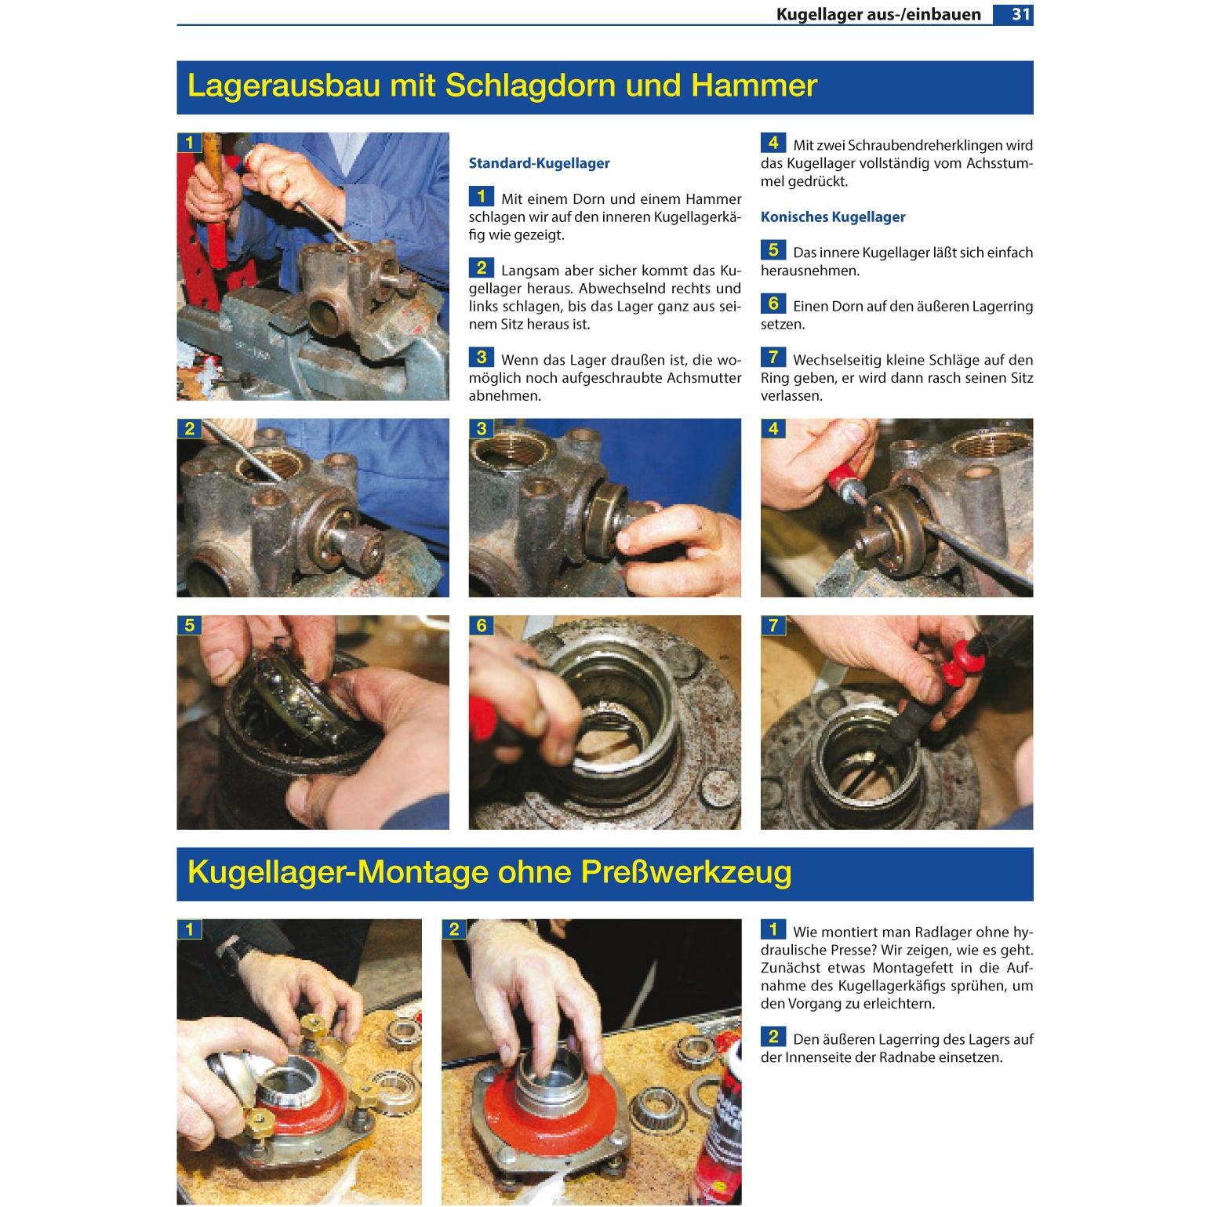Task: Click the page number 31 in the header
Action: tap(1020, 14)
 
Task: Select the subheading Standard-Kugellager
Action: tap(539, 163)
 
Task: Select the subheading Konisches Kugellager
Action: tap(833, 216)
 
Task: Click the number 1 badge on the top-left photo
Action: tap(189, 143)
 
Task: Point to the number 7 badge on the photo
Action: tap(773, 625)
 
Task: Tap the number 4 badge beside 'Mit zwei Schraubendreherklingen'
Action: tap(773, 142)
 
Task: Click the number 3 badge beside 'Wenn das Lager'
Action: tap(482, 357)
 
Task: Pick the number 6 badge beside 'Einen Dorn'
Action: tap(773, 304)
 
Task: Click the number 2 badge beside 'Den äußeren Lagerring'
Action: tap(773, 1037)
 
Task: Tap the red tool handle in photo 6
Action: tap(493, 718)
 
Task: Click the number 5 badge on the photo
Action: tap(189, 625)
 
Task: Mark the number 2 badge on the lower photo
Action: tap(453, 929)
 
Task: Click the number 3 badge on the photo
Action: tap(481, 428)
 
